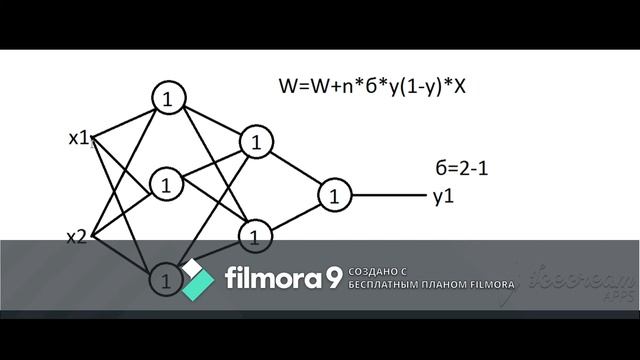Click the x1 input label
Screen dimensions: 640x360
coord(79,138)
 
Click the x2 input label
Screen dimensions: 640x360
coord(77,237)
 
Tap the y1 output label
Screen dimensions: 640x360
coord(443,196)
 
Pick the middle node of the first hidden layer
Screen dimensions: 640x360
coord(166,185)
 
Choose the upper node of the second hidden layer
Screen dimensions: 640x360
coord(256,142)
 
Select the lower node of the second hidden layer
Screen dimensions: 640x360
coord(255,236)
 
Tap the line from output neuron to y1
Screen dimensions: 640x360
coord(390,195)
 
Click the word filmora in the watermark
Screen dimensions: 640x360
coord(270,276)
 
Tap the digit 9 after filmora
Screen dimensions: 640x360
coord(332,277)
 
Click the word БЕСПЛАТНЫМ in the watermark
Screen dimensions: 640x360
coord(382,284)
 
